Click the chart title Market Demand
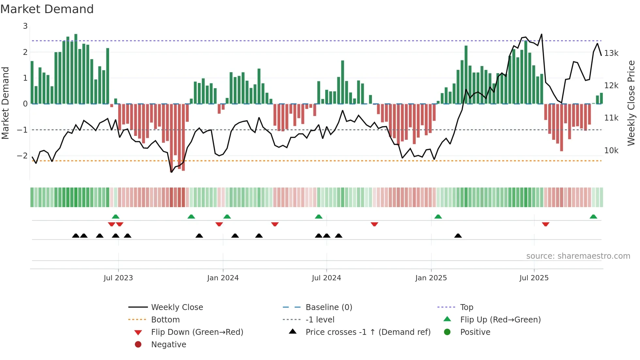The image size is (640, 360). [47, 9]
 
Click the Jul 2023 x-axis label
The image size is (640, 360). [118, 278]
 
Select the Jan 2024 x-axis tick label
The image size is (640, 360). [223, 278]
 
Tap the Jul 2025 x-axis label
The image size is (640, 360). [534, 278]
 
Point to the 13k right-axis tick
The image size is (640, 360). [611, 53]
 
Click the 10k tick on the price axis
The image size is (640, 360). [611, 151]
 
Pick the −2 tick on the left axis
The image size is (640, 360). [22, 156]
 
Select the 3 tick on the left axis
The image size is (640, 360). [25, 26]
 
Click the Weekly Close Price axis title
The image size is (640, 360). [631, 103]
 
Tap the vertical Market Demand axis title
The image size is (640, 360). [6, 103]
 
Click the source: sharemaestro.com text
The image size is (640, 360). [578, 256]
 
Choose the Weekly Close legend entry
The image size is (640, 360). [177, 307]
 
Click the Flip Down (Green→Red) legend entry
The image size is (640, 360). [197, 332]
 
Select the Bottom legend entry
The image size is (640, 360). [165, 320]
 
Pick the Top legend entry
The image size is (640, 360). [466, 307]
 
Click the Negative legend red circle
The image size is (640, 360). [138, 345]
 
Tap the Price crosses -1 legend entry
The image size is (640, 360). [368, 332]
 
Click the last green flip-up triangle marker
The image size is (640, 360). [593, 217]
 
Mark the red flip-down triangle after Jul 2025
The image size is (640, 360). [545, 224]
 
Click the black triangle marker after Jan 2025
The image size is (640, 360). [458, 236]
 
